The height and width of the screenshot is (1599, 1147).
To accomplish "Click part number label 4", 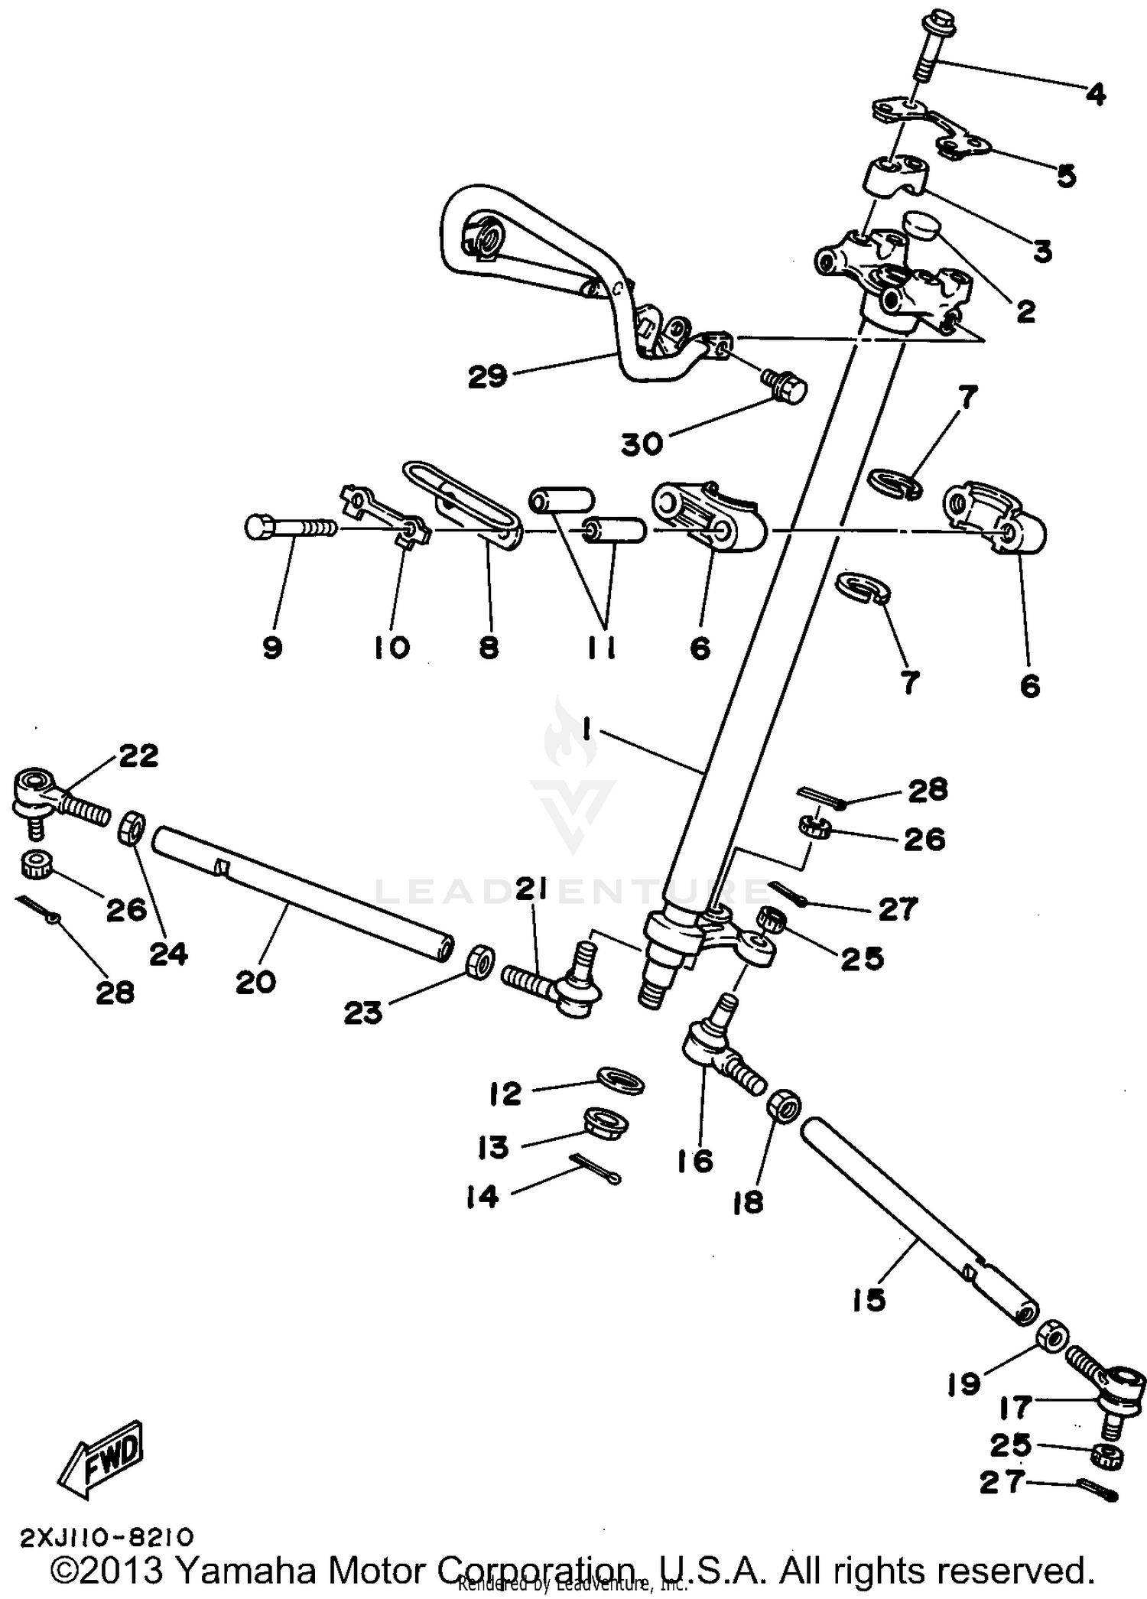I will coord(1095,95).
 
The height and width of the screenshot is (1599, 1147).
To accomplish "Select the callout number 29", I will coord(488,376).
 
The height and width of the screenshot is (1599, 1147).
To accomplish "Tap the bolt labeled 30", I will coord(783,386).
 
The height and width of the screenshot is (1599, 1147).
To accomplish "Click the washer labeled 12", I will coord(620,1081).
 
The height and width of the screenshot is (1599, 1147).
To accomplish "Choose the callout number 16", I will coord(694,1161).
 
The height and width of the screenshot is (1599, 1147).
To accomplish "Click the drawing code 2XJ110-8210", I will coord(107,1536).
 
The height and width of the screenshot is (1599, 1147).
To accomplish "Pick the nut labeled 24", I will coord(132,828).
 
